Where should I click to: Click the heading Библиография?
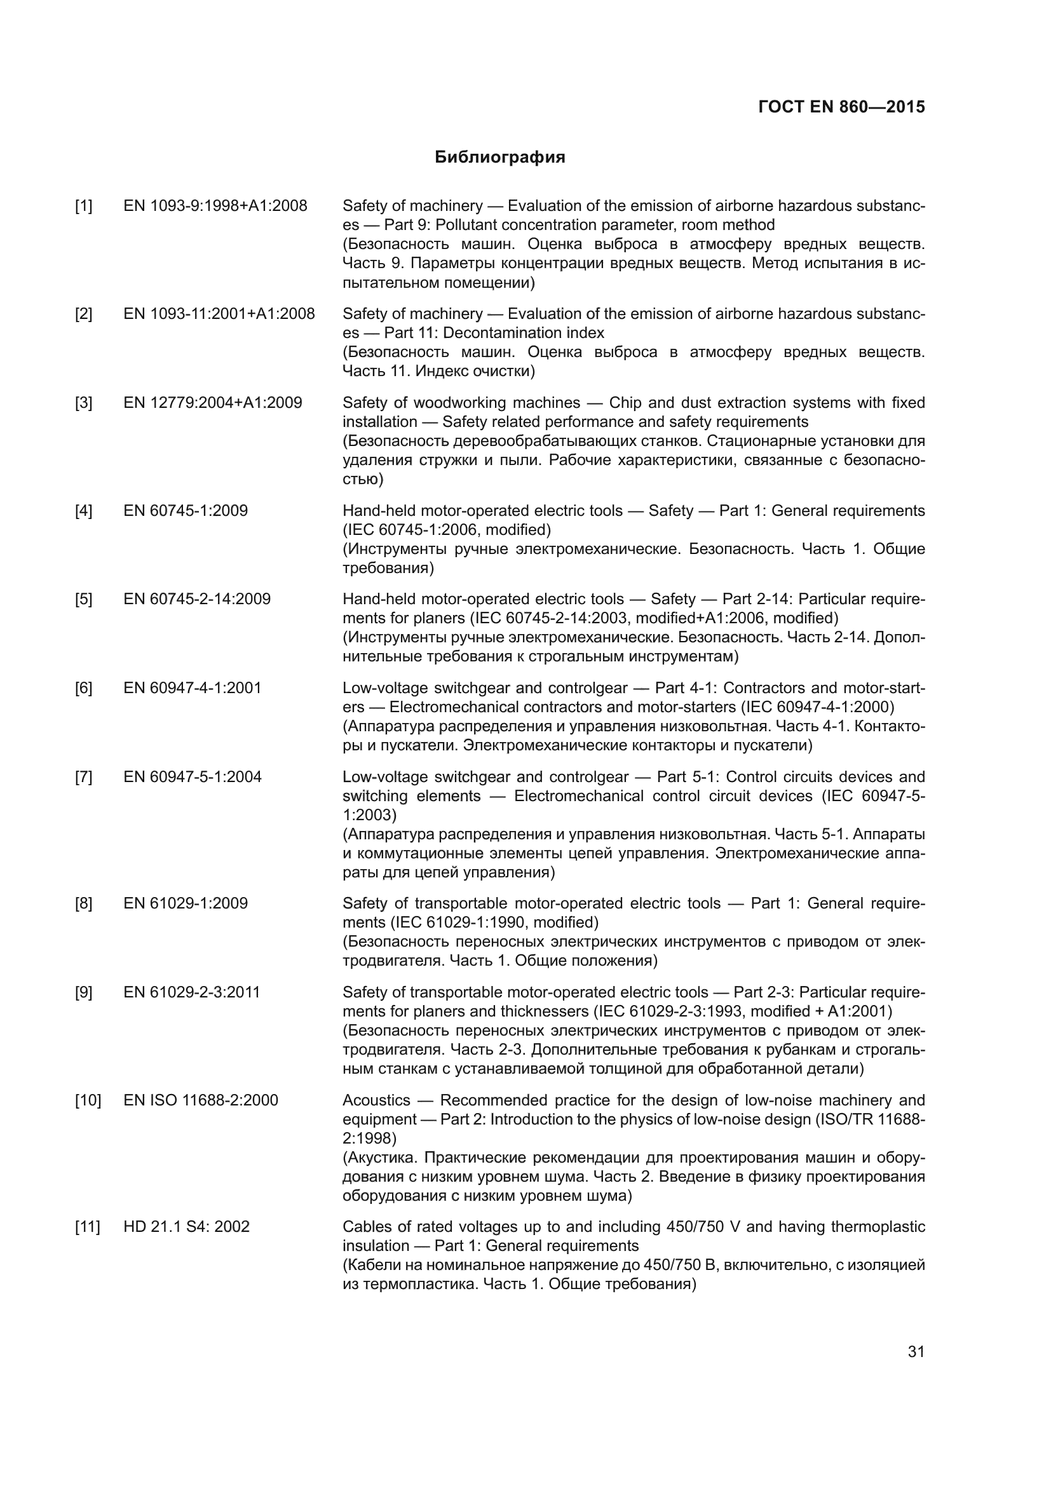[x=499, y=158]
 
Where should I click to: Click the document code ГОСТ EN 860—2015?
[x=841, y=107]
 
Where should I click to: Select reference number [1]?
[x=83, y=206]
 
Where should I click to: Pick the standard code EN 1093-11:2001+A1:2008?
[x=219, y=314]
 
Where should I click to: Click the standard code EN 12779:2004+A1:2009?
[x=212, y=403]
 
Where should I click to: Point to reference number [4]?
[x=83, y=511]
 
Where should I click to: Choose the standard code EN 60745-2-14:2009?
[x=197, y=598]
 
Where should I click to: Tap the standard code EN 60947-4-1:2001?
[x=192, y=687]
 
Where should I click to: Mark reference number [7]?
[x=83, y=776]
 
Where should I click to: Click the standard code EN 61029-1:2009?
[x=185, y=903]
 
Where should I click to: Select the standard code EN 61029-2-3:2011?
[x=191, y=992]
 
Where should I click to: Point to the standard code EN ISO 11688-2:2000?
[x=201, y=1100]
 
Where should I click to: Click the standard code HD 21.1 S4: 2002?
[x=186, y=1226]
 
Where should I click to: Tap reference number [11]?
[x=87, y=1226]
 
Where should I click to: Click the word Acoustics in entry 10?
[x=376, y=1100]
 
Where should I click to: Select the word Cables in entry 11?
[x=364, y=1226]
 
